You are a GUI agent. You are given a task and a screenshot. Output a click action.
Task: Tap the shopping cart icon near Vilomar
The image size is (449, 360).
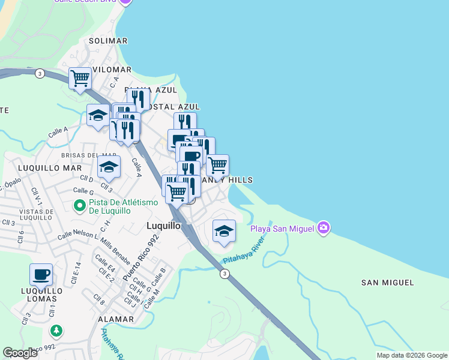[x=80, y=78]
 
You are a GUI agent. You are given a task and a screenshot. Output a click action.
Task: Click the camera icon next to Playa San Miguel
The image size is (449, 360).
[x=324, y=227]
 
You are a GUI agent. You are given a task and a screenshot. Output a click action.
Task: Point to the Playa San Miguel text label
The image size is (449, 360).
[x=283, y=228]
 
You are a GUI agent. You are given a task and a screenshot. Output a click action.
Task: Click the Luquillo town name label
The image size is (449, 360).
[x=163, y=226]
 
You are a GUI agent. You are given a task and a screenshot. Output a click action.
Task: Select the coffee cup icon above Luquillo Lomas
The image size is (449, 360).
[x=41, y=275]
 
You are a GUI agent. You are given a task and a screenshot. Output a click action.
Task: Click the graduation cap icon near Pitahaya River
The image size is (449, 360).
[x=224, y=231]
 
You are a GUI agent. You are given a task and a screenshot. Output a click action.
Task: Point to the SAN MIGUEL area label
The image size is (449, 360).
[x=387, y=282]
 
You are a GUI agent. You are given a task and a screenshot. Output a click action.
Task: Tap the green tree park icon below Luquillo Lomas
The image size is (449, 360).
[x=56, y=331]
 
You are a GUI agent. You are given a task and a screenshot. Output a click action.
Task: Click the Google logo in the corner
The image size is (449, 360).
[x=20, y=352]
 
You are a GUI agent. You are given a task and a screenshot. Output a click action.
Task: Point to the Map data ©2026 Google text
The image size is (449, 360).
[x=412, y=355]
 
